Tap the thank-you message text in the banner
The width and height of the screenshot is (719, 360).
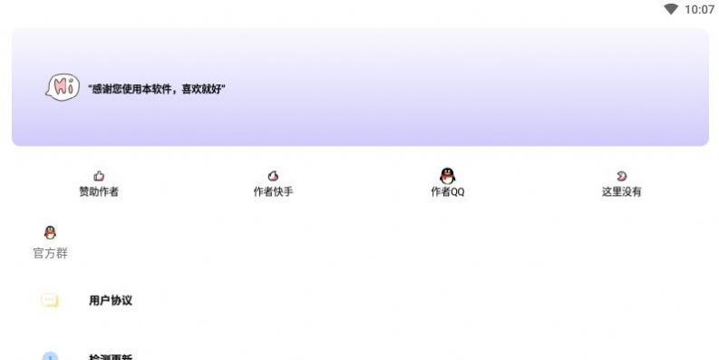[157, 89]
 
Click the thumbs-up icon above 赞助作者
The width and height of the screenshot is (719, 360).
[99, 176]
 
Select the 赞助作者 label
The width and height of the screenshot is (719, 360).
[99, 192]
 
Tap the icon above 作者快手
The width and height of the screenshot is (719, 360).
[273, 176]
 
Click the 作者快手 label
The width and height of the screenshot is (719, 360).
[273, 192]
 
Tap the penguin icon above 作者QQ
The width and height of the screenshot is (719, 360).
[447, 175]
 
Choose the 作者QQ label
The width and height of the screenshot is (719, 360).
[447, 192]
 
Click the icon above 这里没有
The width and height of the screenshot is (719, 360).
[621, 176]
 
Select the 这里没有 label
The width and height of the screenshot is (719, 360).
[621, 192]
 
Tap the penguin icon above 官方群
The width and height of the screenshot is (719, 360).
[50, 233]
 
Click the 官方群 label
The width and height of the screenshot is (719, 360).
[50, 254]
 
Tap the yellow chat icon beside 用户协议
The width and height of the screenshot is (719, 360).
[50, 300]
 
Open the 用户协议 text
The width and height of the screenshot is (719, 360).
[111, 300]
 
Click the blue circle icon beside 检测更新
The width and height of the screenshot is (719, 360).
[50, 356]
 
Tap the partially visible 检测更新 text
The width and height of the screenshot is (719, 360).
[111, 357]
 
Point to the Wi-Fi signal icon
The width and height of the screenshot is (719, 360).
[671, 10]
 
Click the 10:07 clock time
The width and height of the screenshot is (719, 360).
[699, 10]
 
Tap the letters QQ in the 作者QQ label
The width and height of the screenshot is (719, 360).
[456, 192]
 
